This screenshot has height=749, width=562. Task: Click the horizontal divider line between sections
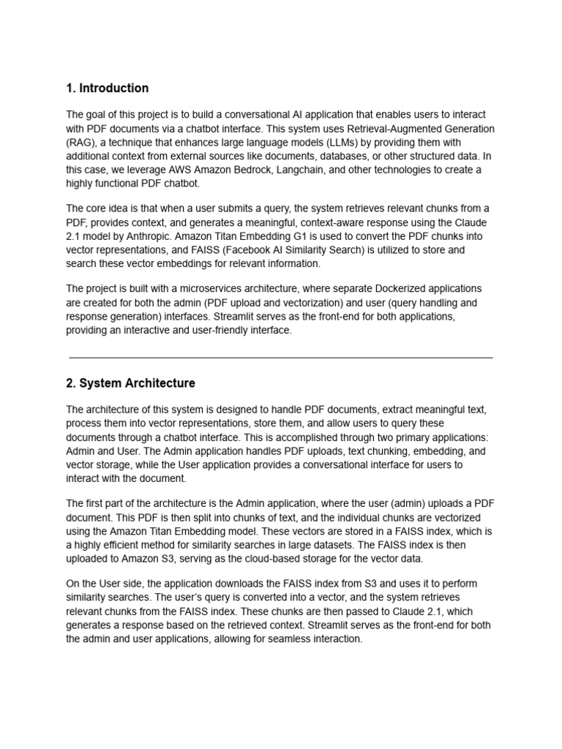click(x=281, y=358)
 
